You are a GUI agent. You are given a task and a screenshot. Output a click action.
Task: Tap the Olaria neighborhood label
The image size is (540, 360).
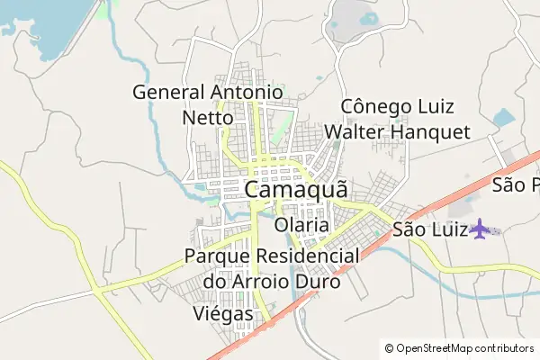[x=302, y=224]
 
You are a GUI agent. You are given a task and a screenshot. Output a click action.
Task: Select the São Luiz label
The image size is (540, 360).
[x=428, y=230]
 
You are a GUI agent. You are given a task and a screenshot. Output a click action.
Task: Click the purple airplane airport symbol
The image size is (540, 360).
[x=482, y=229]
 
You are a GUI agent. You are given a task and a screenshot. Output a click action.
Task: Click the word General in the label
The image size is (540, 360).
[x=169, y=92]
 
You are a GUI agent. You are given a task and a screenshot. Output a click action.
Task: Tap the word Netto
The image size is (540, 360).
[x=208, y=117]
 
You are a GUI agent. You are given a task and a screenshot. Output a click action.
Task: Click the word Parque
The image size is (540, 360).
[x=214, y=256]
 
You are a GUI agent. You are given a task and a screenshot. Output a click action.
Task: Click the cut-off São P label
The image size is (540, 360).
[x=515, y=185]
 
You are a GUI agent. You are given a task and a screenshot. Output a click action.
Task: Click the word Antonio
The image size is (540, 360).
[x=247, y=92]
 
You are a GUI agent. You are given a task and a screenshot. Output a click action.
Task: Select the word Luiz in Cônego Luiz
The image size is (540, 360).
[x=440, y=106]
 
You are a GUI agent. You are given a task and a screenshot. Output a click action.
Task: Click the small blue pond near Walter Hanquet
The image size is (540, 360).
[x=503, y=117]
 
